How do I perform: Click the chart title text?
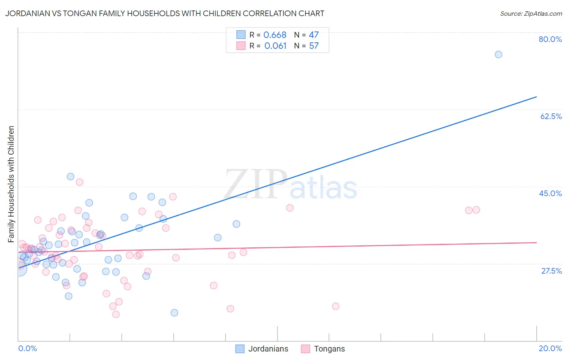pyautogui.click(x=165, y=13)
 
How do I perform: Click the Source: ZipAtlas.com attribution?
pyautogui.click(x=531, y=13)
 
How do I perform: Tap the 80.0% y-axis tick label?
pyautogui.click(x=550, y=39)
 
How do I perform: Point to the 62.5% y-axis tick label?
pyautogui.click(x=551, y=116)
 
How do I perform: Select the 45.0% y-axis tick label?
pyautogui.click(x=550, y=193)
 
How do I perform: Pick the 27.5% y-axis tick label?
pyautogui.click(x=551, y=271)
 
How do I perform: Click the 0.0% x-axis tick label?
pyautogui.click(x=27, y=348)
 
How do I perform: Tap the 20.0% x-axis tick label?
pyautogui.click(x=550, y=348)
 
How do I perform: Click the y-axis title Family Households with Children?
pyautogui.click(x=11, y=184)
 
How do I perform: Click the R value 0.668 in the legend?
pyautogui.click(x=275, y=35)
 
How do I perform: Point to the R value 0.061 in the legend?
pyautogui.click(x=275, y=46)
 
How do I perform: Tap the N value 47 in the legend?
pyautogui.click(x=314, y=35)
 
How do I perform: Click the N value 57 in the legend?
pyautogui.click(x=314, y=46)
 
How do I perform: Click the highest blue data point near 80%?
pyautogui.click(x=498, y=54)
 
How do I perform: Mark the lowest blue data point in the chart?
pyautogui.click(x=174, y=313)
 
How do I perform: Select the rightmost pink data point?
pyautogui.click(x=476, y=210)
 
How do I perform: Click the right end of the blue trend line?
pyautogui.click(x=536, y=97)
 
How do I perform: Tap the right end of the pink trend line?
pyautogui.click(x=536, y=243)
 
